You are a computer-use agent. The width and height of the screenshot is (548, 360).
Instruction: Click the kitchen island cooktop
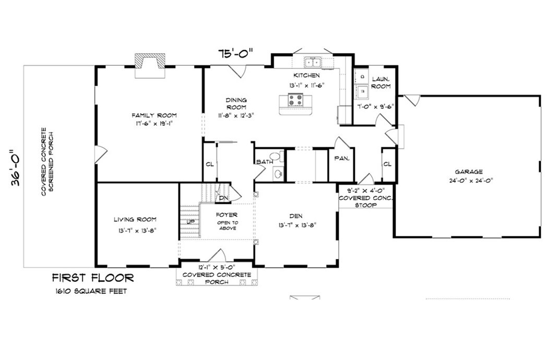pyautogui.click(x=294, y=99)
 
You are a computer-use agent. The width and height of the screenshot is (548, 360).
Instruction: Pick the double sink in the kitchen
pyautogui.click(x=313, y=63)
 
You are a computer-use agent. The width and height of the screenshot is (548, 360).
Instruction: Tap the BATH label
pyautogui.click(x=264, y=162)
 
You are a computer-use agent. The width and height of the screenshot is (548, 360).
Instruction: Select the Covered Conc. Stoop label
pyautogui.click(x=365, y=198)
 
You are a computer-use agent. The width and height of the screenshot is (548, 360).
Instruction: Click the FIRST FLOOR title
pyautogui.click(x=92, y=278)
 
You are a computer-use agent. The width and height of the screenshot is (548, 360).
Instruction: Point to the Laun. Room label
pyautogui.click(x=381, y=82)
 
